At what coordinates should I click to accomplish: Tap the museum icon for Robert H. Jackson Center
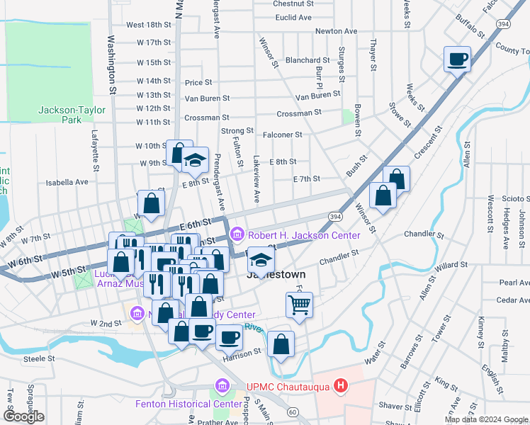[237, 233]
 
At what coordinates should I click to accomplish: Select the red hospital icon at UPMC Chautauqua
[342, 386]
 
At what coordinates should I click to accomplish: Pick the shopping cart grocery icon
[299, 305]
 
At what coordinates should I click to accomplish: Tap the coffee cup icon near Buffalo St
[457, 58]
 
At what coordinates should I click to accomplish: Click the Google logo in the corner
[23, 416]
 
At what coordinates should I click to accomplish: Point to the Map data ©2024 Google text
[485, 419]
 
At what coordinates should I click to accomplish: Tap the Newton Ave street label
[336, 31]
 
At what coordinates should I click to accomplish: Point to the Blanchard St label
[308, 61]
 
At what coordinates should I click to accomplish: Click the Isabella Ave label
[67, 182]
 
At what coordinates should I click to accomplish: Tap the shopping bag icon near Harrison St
[281, 344]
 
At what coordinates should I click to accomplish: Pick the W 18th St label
[149, 24]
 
